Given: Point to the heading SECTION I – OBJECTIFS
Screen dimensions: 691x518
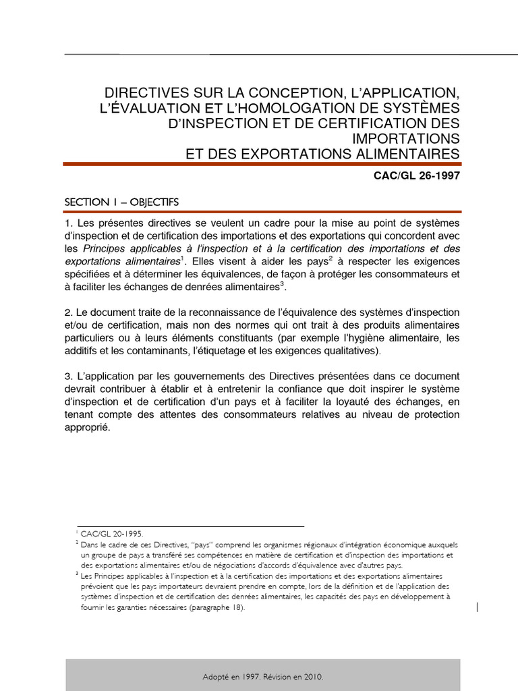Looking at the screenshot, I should [x=121, y=202].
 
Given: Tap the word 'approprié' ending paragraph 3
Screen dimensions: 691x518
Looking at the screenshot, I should [x=86, y=427].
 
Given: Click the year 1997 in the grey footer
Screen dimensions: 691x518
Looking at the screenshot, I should [x=250, y=676].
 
